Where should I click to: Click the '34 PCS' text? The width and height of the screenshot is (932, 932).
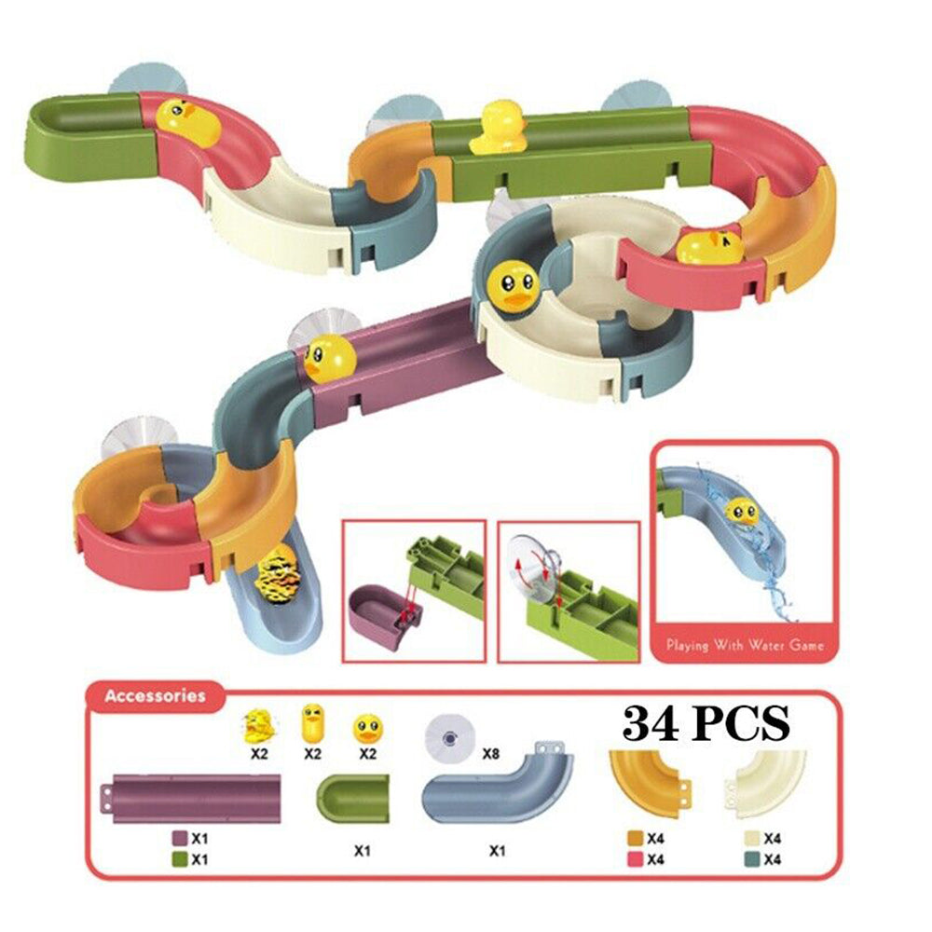click(706, 722)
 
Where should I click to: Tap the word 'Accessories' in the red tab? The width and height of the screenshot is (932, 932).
click(155, 695)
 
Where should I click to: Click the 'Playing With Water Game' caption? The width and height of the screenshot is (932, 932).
click(745, 645)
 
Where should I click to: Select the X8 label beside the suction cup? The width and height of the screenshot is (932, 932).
click(490, 754)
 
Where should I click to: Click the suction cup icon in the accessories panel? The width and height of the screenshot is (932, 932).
click(450, 737)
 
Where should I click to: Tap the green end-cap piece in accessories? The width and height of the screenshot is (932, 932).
click(352, 799)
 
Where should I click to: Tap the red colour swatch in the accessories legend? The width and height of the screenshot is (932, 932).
click(635, 859)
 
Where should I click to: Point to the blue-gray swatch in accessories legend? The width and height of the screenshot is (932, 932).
click(752, 859)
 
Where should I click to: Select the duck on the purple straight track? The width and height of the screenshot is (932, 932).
click(331, 358)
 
